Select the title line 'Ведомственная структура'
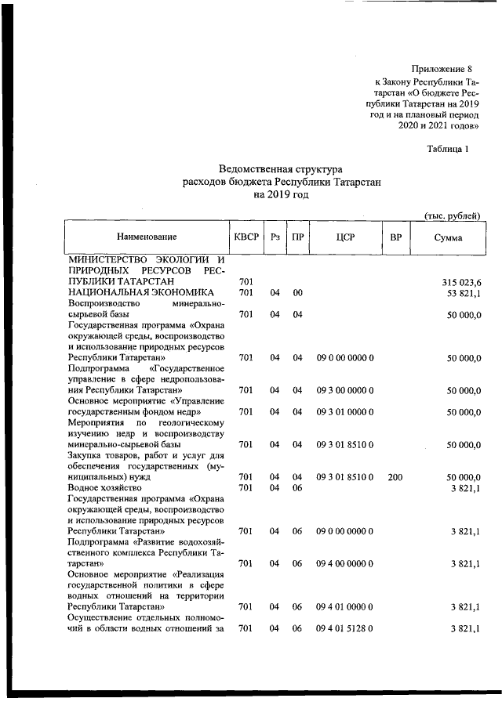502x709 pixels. pos(281,168)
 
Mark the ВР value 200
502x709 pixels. pos(395,476)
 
